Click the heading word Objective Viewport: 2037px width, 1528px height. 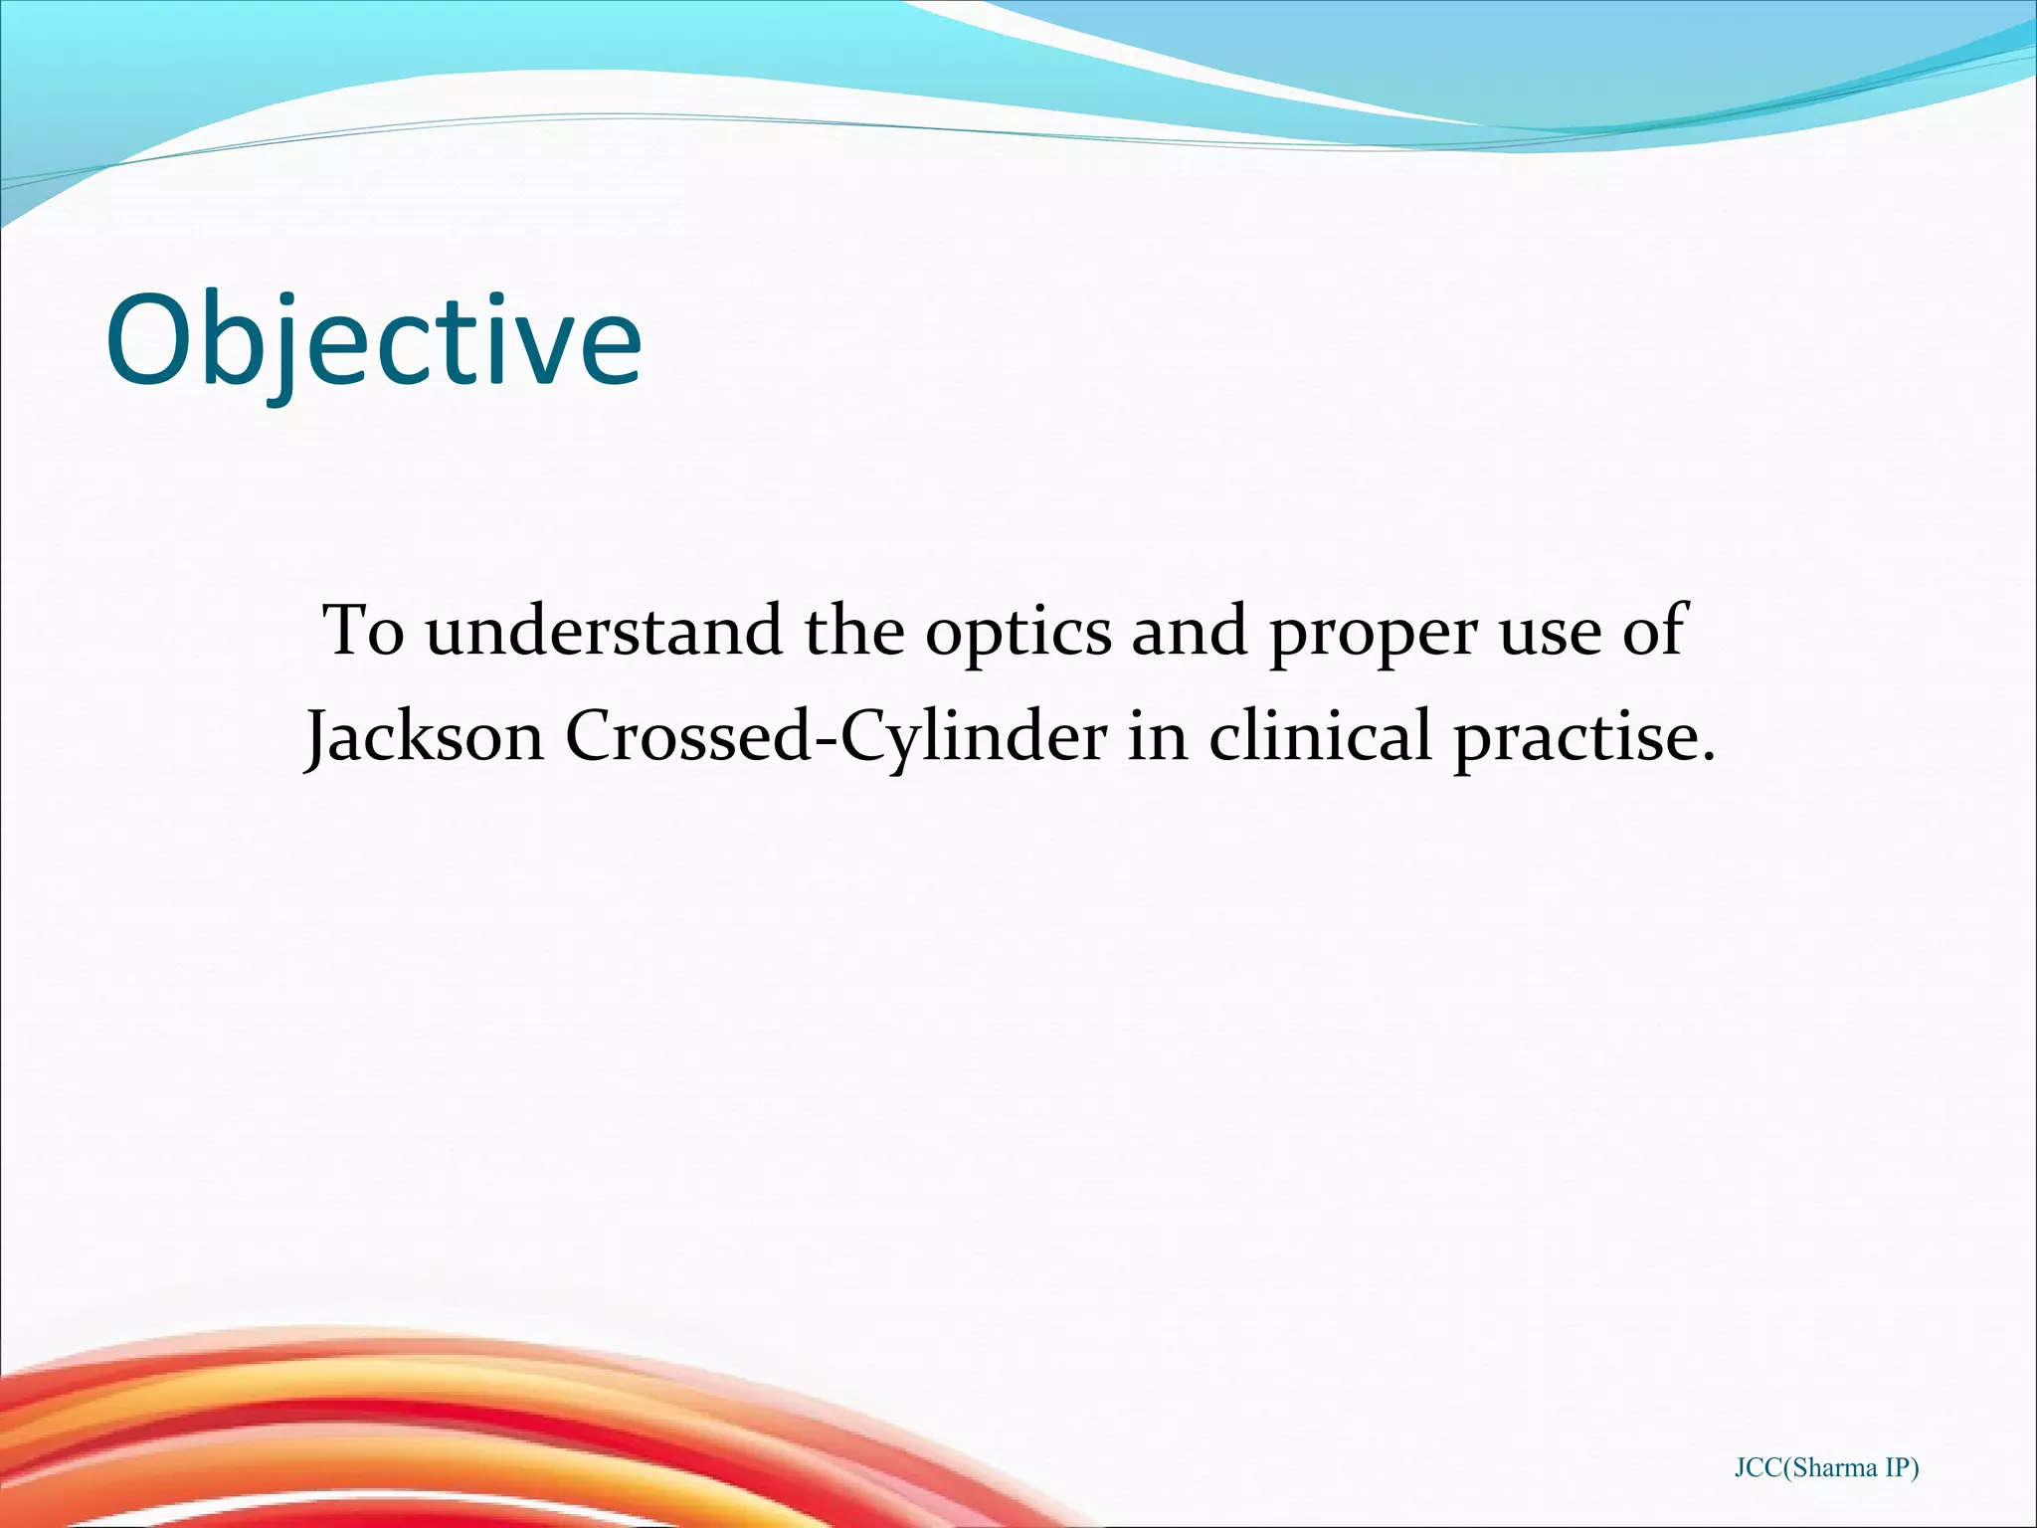pos(373,341)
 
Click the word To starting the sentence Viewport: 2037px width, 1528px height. pos(363,631)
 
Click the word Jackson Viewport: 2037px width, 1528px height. pos(426,738)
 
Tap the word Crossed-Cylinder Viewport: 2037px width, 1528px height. pos(835,738)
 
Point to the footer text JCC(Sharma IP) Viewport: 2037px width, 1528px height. pos(1826,1468)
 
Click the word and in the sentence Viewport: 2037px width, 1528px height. pos(1189,631)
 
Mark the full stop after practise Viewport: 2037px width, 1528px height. pos(1708,758)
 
